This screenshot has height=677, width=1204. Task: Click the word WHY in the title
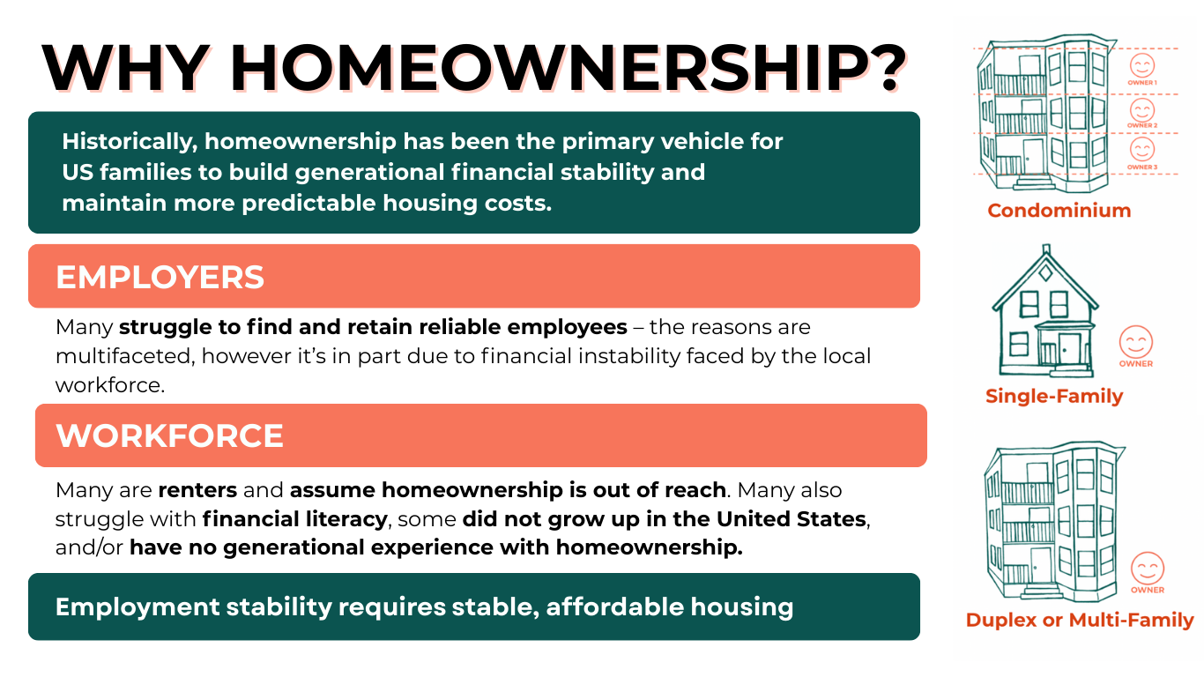[124, 69]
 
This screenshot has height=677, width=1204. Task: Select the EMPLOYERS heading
[160, 277]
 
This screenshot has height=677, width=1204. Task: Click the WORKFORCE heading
[169, 435]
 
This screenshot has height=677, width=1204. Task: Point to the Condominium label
[1059, 211]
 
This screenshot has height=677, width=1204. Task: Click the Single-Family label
[1054, 397]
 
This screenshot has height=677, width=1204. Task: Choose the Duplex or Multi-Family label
[1080, 620]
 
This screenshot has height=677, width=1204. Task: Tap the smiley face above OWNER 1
[1141, 65]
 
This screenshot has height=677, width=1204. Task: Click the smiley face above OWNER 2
[1141, 110]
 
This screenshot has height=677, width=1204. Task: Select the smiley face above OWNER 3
[1141, 150]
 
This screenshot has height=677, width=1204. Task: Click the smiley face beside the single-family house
[1136, 342]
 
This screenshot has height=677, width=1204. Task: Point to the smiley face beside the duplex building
[1147, 569]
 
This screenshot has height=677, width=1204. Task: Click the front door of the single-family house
[1068, 348]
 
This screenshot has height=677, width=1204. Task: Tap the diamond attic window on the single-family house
[1045, 273]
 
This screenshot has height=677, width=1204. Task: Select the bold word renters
[197, 490]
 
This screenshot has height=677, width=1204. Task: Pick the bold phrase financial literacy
[294, 519]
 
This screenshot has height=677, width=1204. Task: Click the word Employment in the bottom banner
[137, 607]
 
